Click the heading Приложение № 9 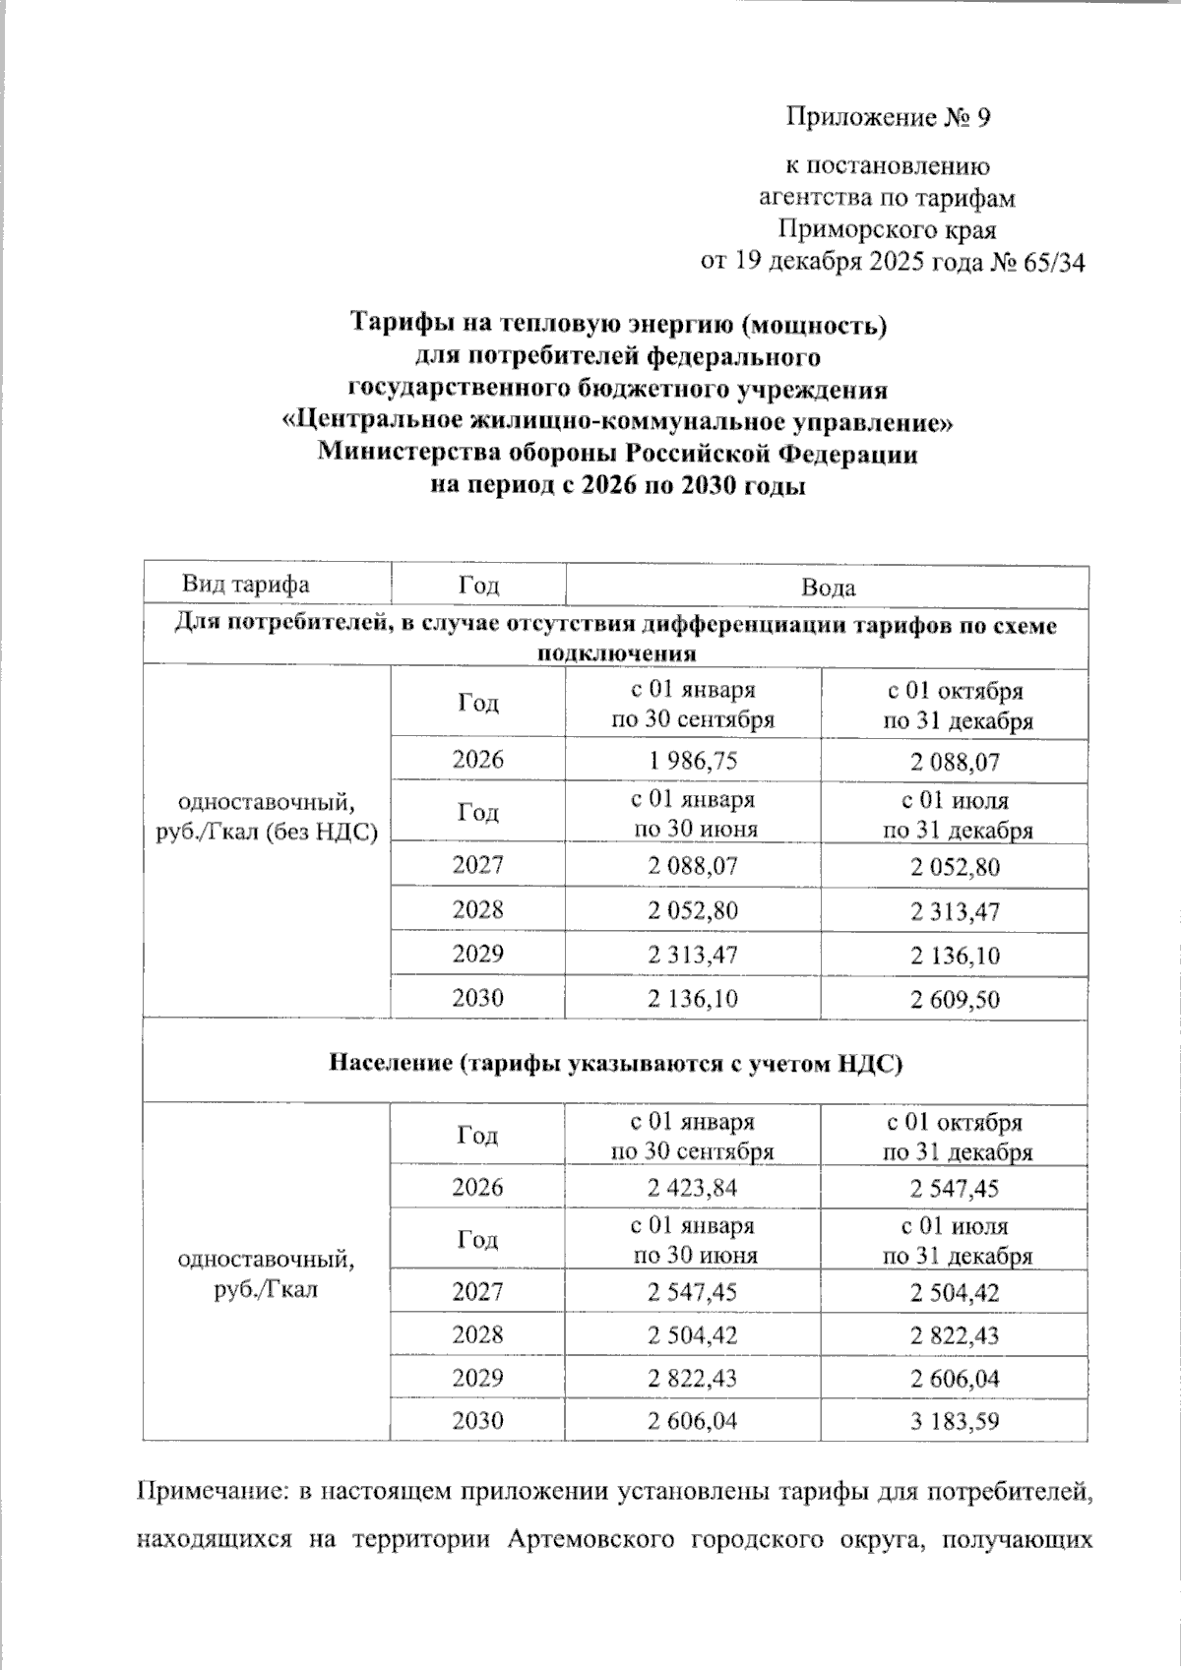(x=887, y=119)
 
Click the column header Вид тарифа (x=246, y=585)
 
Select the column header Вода (x=827, y=588)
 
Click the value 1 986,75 (x=692, y=762)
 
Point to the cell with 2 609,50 (x=955, y=1000)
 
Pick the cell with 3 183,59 (x=955, y=1421)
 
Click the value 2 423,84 (x=692, y=1188)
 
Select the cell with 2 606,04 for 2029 (x=955, y=1379)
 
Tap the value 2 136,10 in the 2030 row (x=692, y=999)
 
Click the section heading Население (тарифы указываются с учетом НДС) (x=615, y=1063)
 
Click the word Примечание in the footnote (x=208, y=1492)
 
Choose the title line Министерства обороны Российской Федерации (x=617, y=455)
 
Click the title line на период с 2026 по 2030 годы (x=619, y=487)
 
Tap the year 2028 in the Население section (x=477, y=1335)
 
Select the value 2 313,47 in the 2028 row (x=955, y=911)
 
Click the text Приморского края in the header (x=887, y=230)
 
